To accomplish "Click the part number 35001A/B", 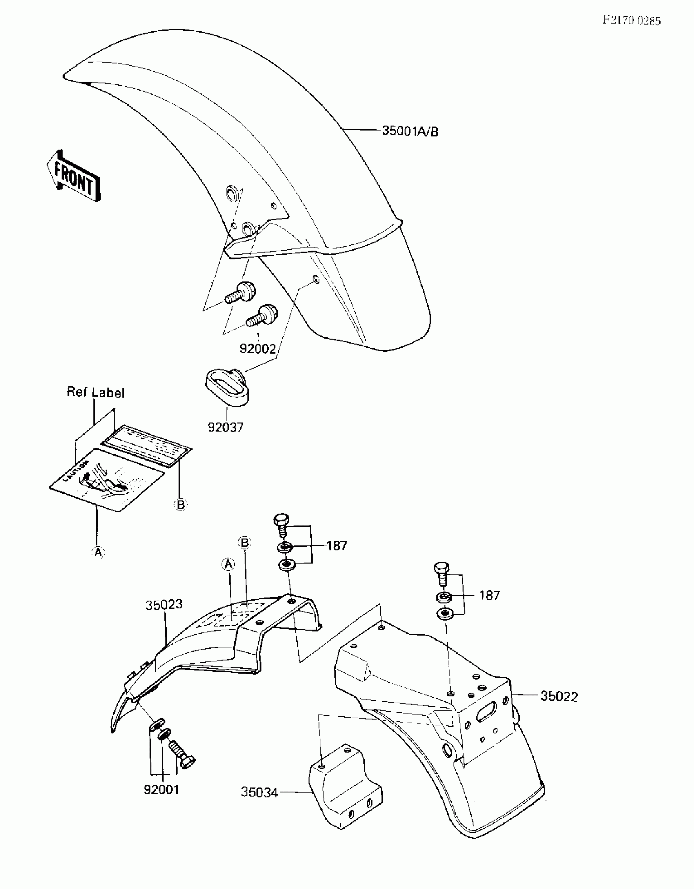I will click(x=410, y=131).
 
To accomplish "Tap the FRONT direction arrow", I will click(x=74, y=176).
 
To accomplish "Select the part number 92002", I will click(x=258, y=349).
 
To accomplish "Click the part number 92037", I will click(x=225, y=427).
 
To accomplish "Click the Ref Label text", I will click(x=96, y=392).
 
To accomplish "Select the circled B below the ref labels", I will click(x=180, y=505).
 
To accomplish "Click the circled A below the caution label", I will click(x=98, y=552).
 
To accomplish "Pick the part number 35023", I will click(x=164, y=605).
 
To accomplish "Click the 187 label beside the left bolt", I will click(x=336, y=545).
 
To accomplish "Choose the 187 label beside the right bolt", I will click(x=489, y=596).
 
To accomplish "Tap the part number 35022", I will click(x=559, y=696).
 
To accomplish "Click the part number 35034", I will click(x=259, y=792).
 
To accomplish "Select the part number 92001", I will click(x=162, y=790).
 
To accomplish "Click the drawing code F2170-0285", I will click(x=632, y=21).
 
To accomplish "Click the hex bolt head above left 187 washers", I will click(x=281, y=520).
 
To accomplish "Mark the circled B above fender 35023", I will click(x=245, y=543).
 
